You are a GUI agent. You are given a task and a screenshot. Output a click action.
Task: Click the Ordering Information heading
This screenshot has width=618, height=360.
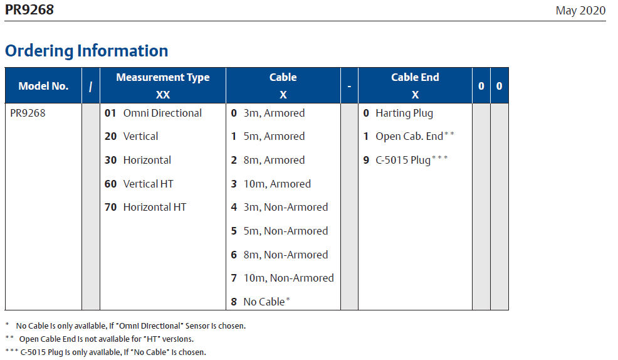[x=86, y=51]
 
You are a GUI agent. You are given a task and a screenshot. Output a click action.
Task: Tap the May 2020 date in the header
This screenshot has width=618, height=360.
[x=580, y=11]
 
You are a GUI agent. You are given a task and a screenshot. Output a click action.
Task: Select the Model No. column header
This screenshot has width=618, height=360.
[x=43, y=86]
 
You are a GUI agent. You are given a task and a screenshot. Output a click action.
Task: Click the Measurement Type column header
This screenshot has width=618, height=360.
[x=163, y=77]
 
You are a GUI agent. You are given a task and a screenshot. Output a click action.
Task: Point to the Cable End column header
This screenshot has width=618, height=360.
[x=415, y=77]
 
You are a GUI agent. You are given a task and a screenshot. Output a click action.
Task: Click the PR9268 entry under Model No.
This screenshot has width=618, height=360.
[x=28, y=113]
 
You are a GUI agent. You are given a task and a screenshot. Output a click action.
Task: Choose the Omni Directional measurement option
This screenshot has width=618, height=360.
[x=162, y=113]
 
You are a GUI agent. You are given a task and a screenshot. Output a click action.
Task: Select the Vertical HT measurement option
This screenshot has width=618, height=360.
[x=148, y=184]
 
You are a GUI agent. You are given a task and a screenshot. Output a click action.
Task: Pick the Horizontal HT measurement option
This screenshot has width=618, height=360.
[x=154, y=208]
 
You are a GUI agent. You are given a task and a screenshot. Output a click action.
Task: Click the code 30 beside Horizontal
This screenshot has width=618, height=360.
[x=110, y=160]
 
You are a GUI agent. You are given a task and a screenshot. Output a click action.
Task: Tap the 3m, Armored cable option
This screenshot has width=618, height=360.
[x=274, y=113]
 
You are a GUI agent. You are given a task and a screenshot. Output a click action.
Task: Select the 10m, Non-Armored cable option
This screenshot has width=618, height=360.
[x=288, y=278]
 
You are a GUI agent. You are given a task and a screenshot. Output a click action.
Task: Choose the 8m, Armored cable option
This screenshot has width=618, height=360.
[x=274, y=160]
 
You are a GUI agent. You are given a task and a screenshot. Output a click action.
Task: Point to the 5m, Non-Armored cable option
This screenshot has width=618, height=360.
[x=285, y=231]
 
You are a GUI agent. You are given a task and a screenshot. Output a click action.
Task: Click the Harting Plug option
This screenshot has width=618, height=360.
[x=404, y=114]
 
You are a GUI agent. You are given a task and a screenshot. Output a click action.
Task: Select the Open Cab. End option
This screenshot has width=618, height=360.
[x=409, y=137]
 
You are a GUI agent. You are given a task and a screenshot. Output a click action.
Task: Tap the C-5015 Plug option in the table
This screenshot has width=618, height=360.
[x=403, y=160]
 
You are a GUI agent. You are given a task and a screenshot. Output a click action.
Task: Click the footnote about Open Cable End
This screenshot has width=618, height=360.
[x=100, y=339]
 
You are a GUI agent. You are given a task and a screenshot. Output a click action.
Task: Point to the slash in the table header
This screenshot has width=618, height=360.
[x=91, y=87]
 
